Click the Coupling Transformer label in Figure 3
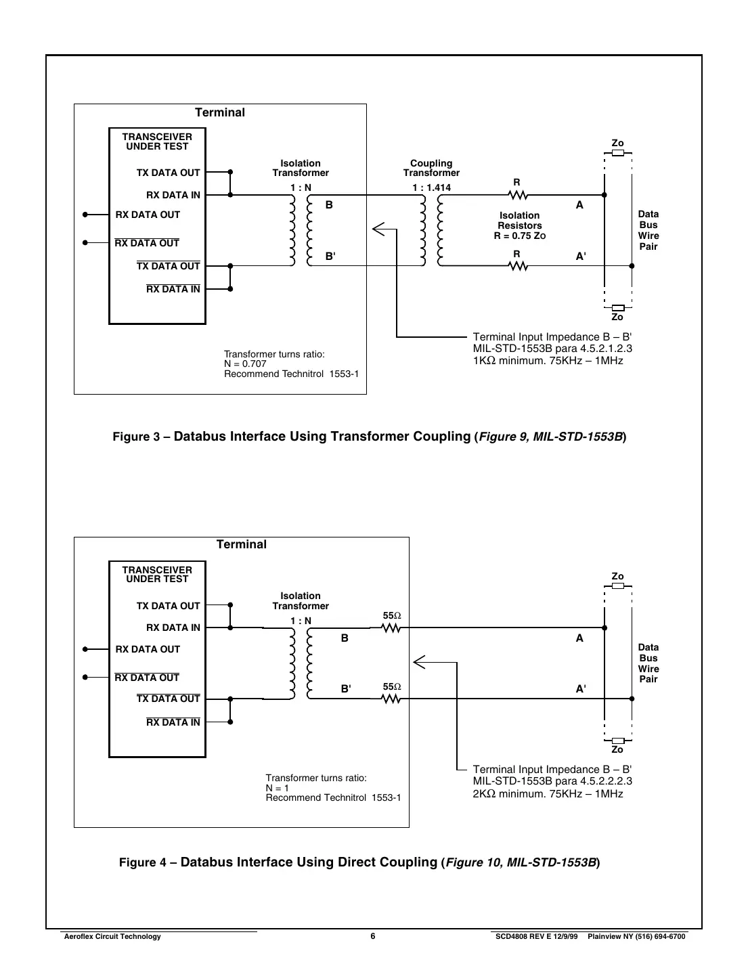point(431,168)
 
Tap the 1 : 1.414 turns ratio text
point(432,188)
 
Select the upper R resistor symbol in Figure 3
point(518,195)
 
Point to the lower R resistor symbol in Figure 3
point(518,266)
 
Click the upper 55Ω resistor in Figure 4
point(391,628)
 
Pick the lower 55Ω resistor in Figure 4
point(391,699)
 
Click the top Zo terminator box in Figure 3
point(617,153)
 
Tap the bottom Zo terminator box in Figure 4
point(617,741)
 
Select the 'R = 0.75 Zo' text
point(519,236)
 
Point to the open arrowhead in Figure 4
point(419,662)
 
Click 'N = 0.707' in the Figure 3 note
point(245,364)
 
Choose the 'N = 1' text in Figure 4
point(278,788)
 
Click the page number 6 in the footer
point(373,936)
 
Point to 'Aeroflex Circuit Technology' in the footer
point(112,936)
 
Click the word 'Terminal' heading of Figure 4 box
point(242,544)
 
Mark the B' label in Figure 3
point(330,257)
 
